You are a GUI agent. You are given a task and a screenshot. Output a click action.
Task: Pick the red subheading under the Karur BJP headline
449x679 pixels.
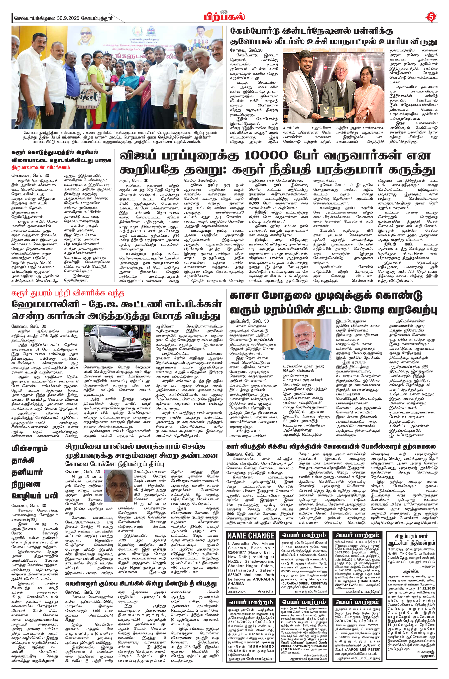[40, 167]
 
